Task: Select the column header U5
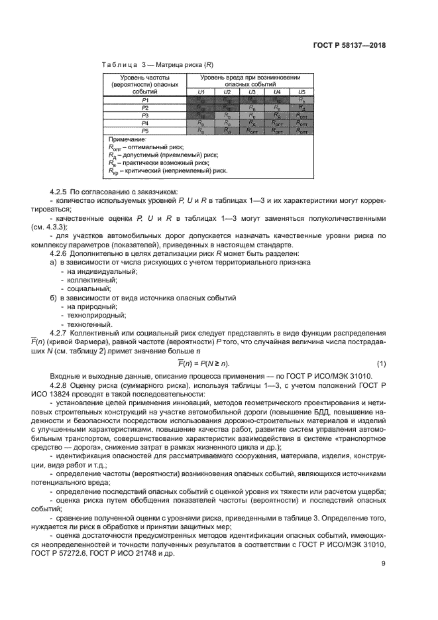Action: [x=301, y=92]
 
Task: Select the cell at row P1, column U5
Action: [x=301, y=99]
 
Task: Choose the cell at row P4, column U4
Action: [x=277, y=123]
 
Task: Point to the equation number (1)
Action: [x=381, y=364]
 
